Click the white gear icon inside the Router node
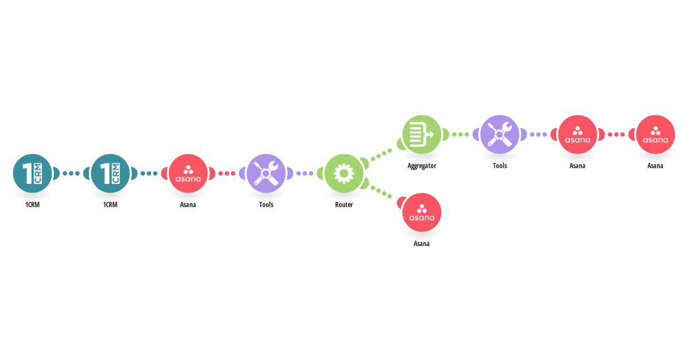(x=343, y=174)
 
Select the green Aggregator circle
(x=422, y=135)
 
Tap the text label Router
(x=343, y=205)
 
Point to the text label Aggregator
(x=422, y=166)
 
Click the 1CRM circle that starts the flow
(x=32, y=174)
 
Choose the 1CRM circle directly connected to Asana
(x=110, y=174)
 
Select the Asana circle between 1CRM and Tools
(x=188, y=174)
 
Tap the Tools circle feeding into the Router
(x=266, y=174)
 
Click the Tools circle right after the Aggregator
(x=500, y=135)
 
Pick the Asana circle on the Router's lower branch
(x=422, y=212)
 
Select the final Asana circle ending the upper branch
(x=655, y=135)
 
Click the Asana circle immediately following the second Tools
(x=577, y=135)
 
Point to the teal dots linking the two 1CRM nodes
(x=71, y=174)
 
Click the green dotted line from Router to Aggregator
(x=381, y=155)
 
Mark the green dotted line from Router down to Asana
(x=381, y=192)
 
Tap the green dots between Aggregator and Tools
(x=461, y=135)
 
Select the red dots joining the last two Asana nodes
(x=616, y=135)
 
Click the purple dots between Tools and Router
(x=305, y=174)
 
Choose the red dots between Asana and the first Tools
(x=227, y=174)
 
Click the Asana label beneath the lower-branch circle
(x=422, y=244)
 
